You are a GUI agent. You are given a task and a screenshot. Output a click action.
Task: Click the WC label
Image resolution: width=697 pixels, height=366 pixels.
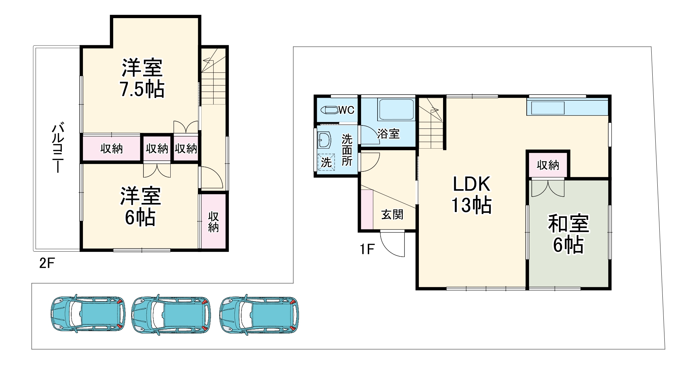point(346,110)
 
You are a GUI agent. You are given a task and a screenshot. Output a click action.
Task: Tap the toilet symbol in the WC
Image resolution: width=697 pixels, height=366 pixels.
point(329,110)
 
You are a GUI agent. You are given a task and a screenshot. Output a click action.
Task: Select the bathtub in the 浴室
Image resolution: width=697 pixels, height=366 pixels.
point(396,109)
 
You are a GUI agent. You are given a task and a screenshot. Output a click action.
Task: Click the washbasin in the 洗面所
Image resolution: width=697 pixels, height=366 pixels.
point(324,140)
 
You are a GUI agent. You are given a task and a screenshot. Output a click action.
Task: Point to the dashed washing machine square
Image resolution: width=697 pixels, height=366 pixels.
point(326,162)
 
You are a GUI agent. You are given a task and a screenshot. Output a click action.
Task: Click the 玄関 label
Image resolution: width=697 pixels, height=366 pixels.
point(392,214)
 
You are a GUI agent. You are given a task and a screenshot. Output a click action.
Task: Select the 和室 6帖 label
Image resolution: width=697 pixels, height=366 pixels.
point(568,233)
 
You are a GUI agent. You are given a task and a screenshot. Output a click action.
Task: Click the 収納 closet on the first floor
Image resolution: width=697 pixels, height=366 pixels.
point(548,165)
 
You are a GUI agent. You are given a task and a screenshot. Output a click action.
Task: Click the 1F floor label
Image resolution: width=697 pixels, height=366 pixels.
point(367,249)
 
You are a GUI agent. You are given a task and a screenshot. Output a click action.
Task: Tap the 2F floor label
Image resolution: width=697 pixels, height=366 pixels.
point(47,263)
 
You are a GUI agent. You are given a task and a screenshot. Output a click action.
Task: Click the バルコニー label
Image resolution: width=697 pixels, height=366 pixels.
point(58,148)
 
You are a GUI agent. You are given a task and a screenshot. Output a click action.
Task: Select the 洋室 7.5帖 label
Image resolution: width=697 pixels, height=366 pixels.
point(142,78)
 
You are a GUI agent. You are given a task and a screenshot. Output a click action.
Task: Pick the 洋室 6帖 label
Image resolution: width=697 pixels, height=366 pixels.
point(140,206)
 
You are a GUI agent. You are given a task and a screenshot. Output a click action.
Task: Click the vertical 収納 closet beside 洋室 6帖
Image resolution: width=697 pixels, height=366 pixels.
point(214,222)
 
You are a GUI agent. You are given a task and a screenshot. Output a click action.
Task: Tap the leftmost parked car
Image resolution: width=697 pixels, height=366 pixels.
point(88,314)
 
